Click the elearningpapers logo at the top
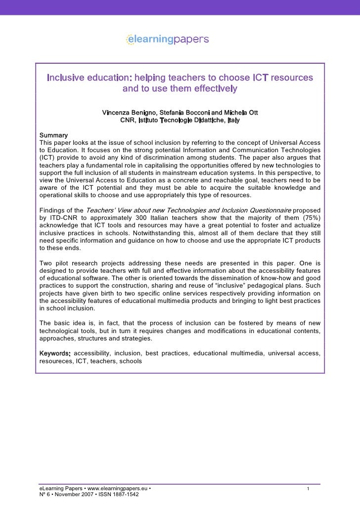coord(167,39)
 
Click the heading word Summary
coord(53,135)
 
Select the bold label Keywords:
coord(55,353)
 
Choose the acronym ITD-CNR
coord(63,217)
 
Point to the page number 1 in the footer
coord(308,489)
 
